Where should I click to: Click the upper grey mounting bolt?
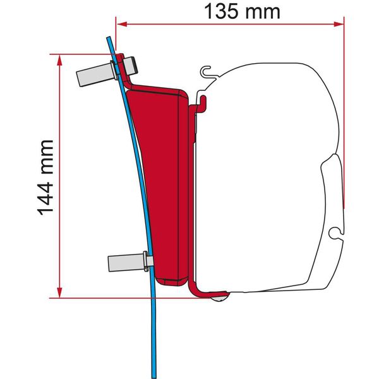pyautogui.click(x=95, y=73)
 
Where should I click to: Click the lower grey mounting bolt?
pyautogui.click(x=126, y=260)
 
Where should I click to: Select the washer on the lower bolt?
pyautogui.click(x=147, y=259)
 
